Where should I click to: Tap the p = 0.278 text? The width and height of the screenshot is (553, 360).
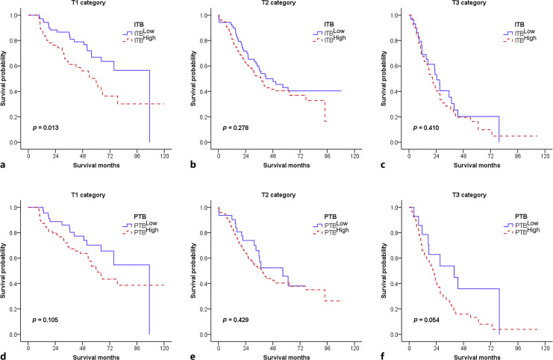tap(234, 128)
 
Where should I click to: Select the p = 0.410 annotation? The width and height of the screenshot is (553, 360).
tap(425, 128)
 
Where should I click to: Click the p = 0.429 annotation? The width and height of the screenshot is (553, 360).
tap(234, 320)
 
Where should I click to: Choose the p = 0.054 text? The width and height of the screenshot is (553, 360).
tap(425, 320)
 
